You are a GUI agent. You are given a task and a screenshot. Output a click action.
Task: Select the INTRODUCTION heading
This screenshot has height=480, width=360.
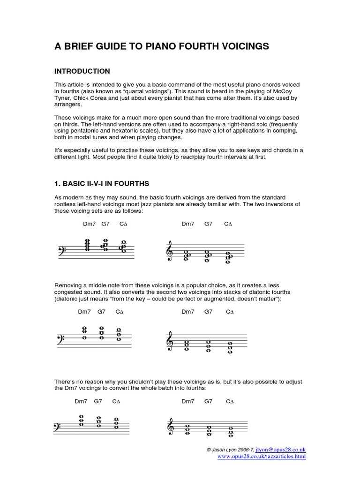82,71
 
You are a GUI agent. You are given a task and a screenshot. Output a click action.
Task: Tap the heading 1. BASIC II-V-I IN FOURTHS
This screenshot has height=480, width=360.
102,183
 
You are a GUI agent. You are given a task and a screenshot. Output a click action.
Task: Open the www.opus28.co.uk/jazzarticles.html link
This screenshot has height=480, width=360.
262,456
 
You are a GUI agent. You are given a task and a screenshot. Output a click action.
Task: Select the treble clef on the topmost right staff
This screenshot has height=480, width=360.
170,252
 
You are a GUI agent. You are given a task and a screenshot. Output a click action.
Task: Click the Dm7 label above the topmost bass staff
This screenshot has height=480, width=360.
89,224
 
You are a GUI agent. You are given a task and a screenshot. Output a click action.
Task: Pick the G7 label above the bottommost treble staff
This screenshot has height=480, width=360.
209,401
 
